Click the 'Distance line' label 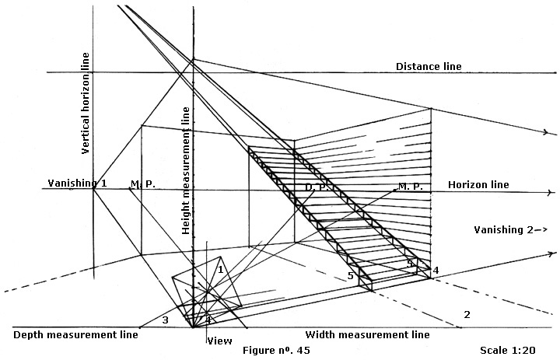(429, 67)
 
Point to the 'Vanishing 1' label (68, 183)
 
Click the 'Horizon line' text (478, 185)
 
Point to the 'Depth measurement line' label (75, 335)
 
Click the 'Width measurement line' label (367, 335)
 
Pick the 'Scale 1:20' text (509, 351)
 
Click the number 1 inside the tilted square (221, 269)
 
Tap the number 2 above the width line (467, 315)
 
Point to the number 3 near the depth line (165, 320)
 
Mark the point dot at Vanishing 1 (94, 187)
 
